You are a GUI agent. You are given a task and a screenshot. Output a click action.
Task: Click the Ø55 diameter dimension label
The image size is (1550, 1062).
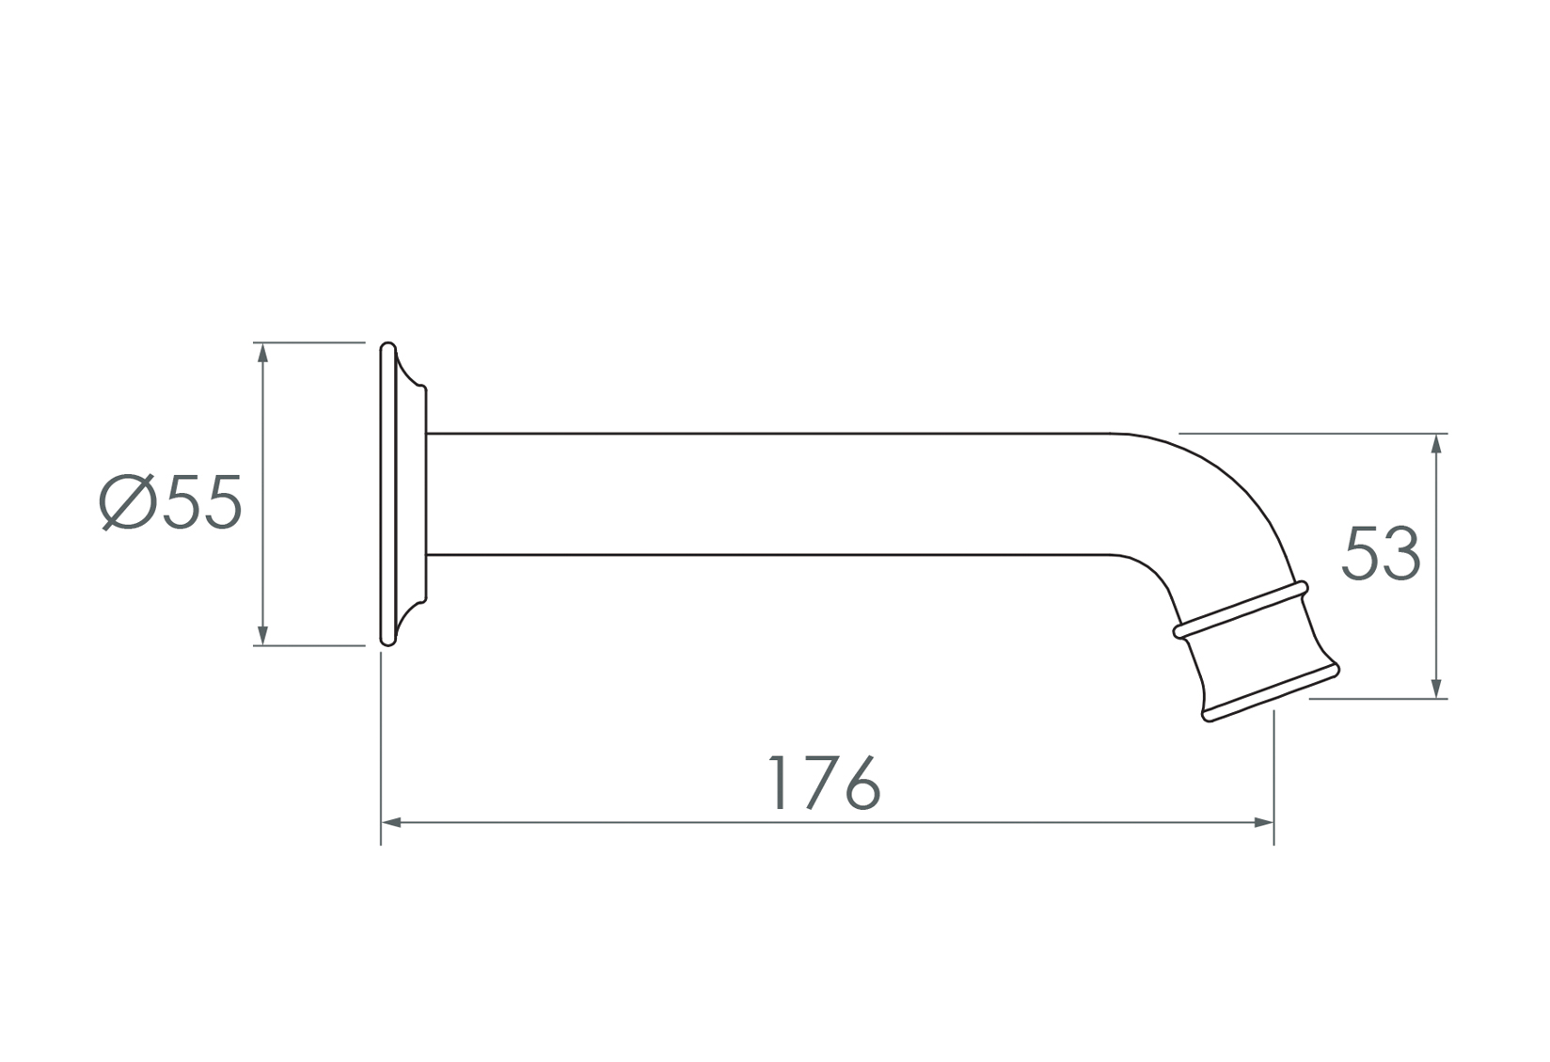[x=170, y=501]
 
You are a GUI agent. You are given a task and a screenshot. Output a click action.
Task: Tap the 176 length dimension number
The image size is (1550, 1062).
[x=826, y=783]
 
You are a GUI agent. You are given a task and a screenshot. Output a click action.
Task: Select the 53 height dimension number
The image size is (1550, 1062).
[x=1381, y=553]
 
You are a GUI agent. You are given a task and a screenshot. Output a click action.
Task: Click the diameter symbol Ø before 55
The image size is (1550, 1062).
[x=127, y=501]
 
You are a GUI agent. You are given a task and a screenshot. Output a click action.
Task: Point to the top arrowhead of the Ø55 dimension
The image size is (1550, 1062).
[x=262, y=353]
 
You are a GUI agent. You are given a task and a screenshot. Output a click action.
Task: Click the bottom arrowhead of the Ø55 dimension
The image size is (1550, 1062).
[x=262, y=635]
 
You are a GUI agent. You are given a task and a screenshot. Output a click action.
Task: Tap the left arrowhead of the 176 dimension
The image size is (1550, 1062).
[x=391, y=823]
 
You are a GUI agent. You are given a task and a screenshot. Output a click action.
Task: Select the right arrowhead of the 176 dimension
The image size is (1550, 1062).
[x=1263, y=823]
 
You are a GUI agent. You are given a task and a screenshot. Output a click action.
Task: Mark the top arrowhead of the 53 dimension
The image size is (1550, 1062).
[x=1436, y=444]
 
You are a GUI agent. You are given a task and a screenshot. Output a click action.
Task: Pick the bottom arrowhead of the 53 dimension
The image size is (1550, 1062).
[x=1436, y=689]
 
